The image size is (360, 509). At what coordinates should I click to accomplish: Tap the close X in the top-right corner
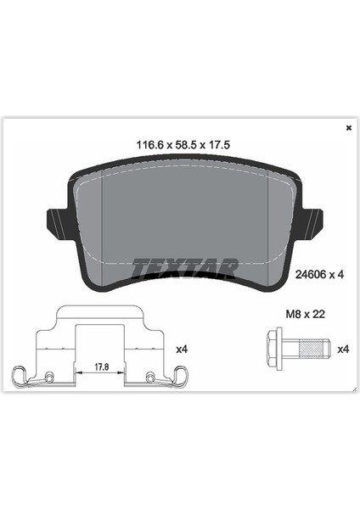coord(348,128)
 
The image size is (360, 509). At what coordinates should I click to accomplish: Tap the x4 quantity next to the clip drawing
coord(180,348)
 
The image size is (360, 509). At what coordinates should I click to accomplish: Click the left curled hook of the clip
coord(20,375)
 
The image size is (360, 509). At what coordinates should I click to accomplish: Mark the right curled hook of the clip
coord(182,375)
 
